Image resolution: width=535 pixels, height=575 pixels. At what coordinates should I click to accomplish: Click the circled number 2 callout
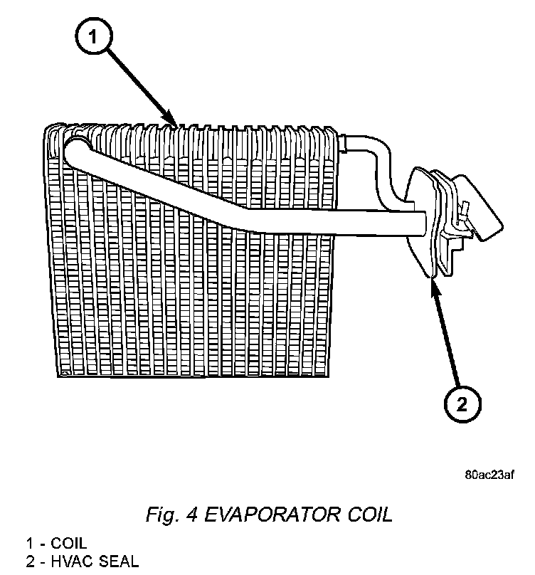pyautogui.click(x=462, y=404)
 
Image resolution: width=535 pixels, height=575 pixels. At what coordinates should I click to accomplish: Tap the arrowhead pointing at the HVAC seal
pyautogui.click(x=431, y=280)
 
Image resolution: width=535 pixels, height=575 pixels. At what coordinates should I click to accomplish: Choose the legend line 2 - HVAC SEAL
pyautogui.click(x=83, y=561)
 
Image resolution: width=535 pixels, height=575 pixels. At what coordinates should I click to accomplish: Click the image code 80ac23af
pyautogui.click(x=489, y=475)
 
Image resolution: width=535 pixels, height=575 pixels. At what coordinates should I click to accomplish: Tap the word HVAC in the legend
pyautogui.click(x=78, y=561)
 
